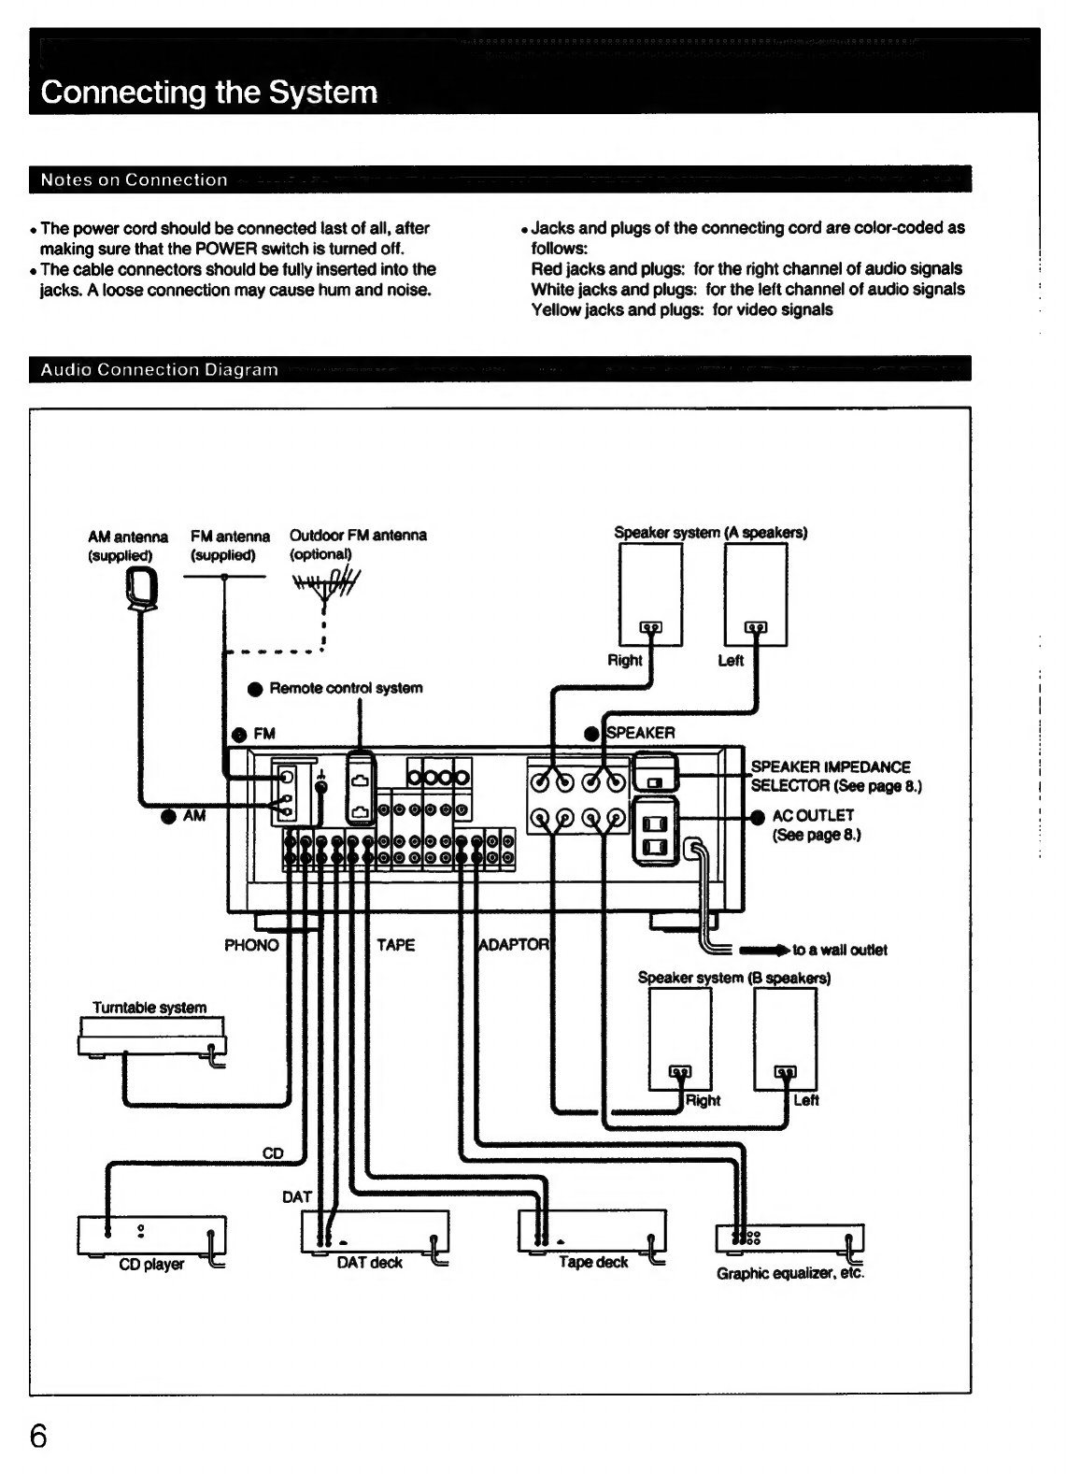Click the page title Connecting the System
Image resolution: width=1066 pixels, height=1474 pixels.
209,93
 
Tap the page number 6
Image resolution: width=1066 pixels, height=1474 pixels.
39,1436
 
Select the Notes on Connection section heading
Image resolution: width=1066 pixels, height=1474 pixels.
135,179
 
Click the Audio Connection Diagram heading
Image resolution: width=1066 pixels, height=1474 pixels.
159,370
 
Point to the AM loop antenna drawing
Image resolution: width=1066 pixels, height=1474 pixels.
142,591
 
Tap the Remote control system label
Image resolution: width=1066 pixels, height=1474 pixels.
346,688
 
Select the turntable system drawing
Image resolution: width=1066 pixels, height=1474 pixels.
152,1038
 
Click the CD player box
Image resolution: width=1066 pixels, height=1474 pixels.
152,1235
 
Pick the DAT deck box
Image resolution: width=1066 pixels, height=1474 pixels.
376,1231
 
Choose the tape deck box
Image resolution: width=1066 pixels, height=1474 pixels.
591,1231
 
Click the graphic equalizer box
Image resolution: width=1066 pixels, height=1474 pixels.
789,1238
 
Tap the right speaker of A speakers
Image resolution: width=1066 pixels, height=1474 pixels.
650,594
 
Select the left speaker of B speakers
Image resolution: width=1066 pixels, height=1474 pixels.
785,1039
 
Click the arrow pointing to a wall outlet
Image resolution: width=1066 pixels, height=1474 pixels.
764,951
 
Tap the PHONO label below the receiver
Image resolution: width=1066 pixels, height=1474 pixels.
252,946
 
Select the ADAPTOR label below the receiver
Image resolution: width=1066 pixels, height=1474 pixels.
514,945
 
